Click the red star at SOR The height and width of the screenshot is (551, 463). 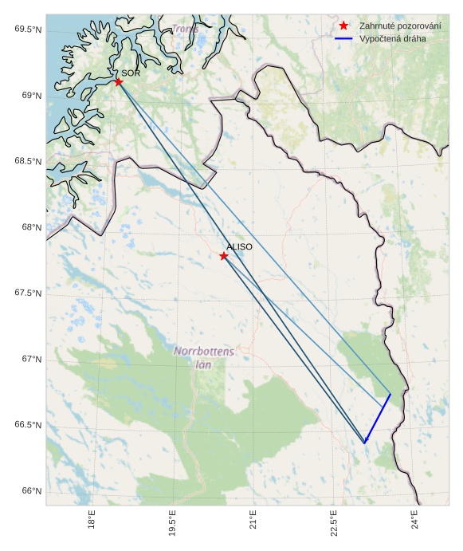click(119, 81)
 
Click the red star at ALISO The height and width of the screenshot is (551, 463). click(224, 256)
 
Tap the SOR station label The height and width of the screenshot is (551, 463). click(131, 73)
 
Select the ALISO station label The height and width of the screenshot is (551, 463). click(239, 247)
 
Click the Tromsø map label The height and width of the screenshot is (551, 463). click(185, 30)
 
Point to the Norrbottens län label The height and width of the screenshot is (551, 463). click(204, 357)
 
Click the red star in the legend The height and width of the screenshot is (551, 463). click(343, 26)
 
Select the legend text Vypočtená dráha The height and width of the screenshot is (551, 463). click(392, 38)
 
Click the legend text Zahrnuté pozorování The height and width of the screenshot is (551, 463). click(400, 26)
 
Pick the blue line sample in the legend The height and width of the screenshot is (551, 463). click(343, 38)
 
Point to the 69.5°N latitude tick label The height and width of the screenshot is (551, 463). click(28, 30)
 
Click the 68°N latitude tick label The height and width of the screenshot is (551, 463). click(31, 227)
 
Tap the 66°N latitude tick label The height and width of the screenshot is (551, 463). click(31, 490)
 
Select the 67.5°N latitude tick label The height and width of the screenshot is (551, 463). click(28, 293)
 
